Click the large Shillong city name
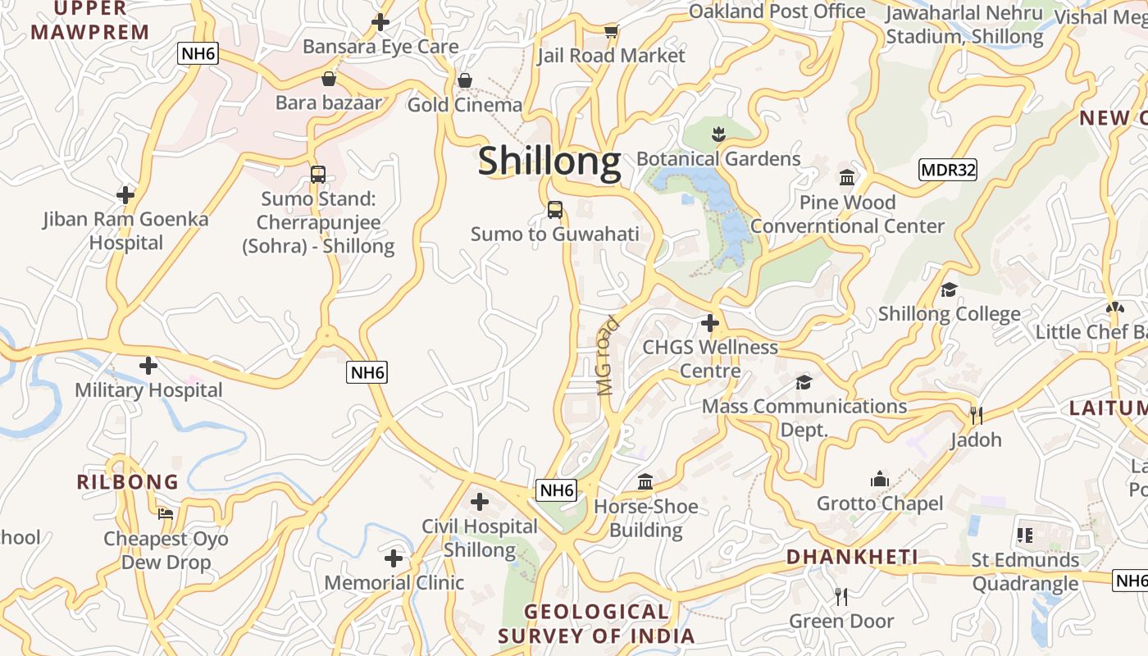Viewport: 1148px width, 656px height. point(549,161)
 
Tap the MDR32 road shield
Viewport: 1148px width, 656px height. point(948,170)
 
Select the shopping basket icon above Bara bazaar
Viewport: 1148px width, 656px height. point(329,80)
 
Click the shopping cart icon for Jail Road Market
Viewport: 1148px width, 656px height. point(611,32)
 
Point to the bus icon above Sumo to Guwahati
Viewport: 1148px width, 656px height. point(555,210)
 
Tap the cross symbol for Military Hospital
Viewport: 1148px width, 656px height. point(148,366)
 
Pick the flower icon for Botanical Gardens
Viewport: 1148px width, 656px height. point(718,134)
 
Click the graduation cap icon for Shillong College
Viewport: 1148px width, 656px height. point(949,289)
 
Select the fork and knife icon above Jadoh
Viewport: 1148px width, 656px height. point(976,416)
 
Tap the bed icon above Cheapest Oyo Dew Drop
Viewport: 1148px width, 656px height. point(166,514)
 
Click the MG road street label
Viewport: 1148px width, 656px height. point(608,357)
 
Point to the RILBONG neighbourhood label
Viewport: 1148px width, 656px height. point(128,482)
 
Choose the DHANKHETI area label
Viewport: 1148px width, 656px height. point(852,558)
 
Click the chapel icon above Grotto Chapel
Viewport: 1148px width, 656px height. point(880,479)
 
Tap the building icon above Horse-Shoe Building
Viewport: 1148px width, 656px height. point(645,482)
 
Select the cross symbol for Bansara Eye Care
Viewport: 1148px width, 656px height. point(380,22)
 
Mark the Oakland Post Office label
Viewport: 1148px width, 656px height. point(777,11)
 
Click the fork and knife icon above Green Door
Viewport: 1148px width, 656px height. point(840,597)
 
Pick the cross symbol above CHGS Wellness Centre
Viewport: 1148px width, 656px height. point(710,323)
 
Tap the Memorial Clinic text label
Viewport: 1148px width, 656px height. point(394,583)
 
